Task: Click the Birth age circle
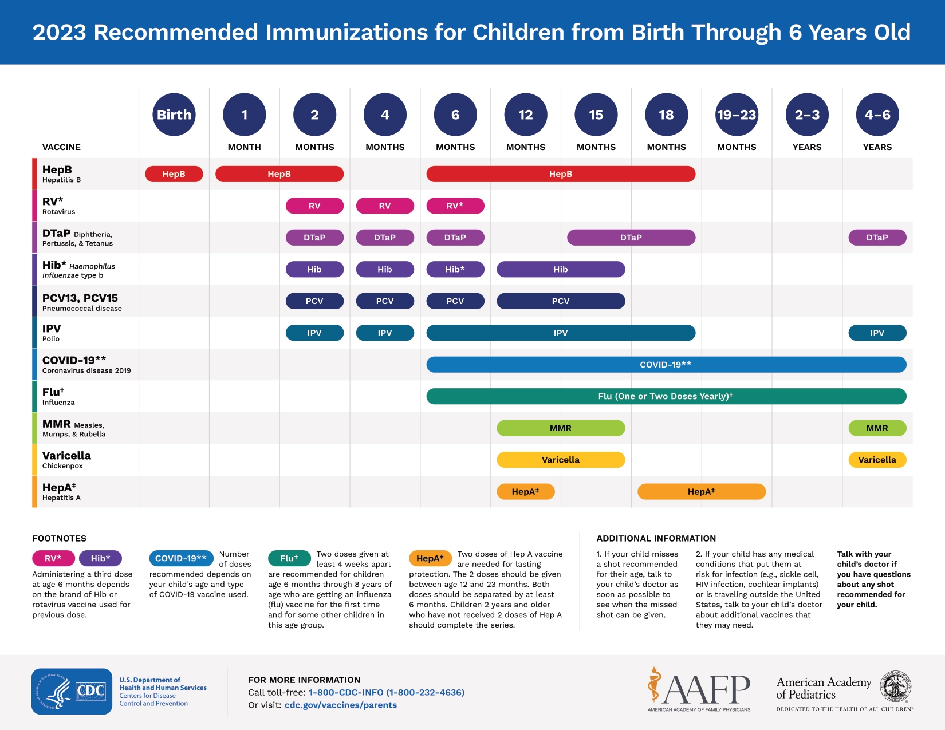tap(174, 115)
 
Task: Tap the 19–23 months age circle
tap(737, 115)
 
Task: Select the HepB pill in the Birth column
tap(174, 174)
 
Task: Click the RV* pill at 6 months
tap(455, 206)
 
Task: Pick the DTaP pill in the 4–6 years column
tap(877, 238)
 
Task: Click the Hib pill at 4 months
tap(385, 269)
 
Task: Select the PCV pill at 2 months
tap(314, 301)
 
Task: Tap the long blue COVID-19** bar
tap(666, 365)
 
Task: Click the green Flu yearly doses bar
tap(666, 396)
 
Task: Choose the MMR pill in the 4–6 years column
tap(877, 428)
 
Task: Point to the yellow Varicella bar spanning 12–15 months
tap(561, 460)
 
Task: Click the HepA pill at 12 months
tap(525, 492)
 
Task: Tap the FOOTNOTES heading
tap(60, 538)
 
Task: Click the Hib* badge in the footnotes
tap(100, 558)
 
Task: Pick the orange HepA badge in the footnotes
tap(430, 558)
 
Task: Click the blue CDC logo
tap(72, 691)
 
